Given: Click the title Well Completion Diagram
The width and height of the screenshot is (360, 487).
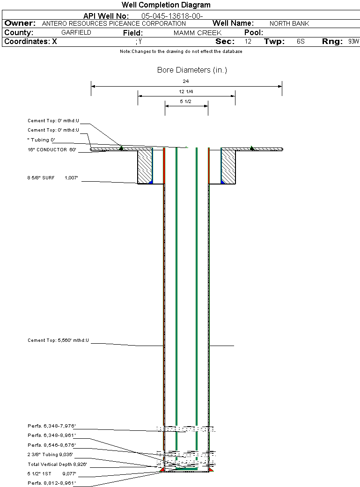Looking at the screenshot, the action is [166, 5].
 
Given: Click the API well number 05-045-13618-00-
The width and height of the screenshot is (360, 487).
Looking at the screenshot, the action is [172, 16].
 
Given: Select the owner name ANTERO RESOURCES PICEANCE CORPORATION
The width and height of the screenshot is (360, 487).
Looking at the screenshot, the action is [114, 23].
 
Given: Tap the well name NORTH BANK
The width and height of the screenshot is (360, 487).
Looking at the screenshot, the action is [289, 23].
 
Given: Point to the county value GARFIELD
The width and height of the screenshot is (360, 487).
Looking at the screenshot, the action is [76, 33].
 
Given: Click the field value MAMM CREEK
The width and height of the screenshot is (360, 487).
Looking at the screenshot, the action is [197, 33].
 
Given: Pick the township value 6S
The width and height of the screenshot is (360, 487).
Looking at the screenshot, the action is [301, 42].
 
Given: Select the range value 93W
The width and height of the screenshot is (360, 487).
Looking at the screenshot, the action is [353, 42].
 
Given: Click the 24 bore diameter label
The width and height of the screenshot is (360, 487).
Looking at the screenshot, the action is [186, 81].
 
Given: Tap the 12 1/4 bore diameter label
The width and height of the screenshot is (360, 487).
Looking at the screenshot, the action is [186, 92].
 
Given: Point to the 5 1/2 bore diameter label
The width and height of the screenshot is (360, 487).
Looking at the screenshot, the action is [186, 102].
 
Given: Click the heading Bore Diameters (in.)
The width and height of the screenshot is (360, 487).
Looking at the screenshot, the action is [192, 70].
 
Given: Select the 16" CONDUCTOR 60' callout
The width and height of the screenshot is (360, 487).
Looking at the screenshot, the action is [52, 150].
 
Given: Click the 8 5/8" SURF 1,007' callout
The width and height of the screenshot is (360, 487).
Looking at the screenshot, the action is [53, 178].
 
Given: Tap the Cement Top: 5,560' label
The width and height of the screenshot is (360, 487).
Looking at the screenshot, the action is [58, 340].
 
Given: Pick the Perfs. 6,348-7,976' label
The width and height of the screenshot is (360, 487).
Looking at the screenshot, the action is [51, 426].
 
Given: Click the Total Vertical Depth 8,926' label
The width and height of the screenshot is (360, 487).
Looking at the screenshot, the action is [57, 465].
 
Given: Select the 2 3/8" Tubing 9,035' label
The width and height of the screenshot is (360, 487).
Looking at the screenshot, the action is [50, 455].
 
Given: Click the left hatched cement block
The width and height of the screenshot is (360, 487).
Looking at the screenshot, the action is [145, 167].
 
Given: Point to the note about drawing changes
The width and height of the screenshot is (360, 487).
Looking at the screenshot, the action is [181, 52].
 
